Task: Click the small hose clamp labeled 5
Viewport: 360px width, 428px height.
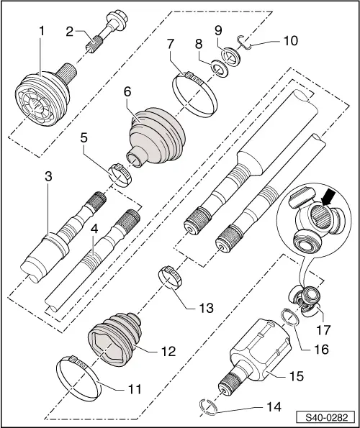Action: click(121, 173)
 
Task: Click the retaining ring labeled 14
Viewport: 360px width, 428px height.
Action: click(208, 408)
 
